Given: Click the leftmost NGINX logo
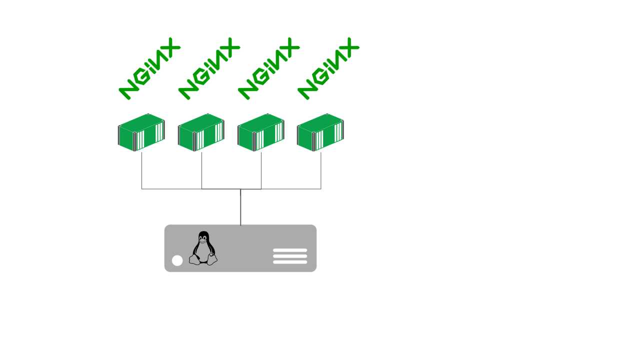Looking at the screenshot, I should pos(149,68).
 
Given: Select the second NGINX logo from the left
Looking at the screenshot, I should pos(209,68).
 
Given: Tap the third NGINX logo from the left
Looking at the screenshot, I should pos(268,68).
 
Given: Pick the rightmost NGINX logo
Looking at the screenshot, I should pos(328,68).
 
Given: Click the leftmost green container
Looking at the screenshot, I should pos(141,132).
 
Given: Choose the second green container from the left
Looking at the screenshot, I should pos(201,132).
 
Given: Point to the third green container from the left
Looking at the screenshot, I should pos(260,132).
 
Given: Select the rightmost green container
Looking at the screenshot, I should pos(320,132).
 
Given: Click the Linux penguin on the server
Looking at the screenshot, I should pos(203,248).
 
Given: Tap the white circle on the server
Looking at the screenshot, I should pos(177,260).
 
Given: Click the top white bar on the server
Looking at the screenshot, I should pos(290,250).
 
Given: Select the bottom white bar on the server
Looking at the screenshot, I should pos(290,262).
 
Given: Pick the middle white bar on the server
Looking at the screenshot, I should pos(290,256).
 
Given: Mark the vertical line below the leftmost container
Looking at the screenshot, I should pos(142,170).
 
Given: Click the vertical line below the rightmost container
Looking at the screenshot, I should pos(321,170).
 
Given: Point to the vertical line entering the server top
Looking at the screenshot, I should pos(240,207).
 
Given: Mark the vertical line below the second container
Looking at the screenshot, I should pos(201,170).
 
